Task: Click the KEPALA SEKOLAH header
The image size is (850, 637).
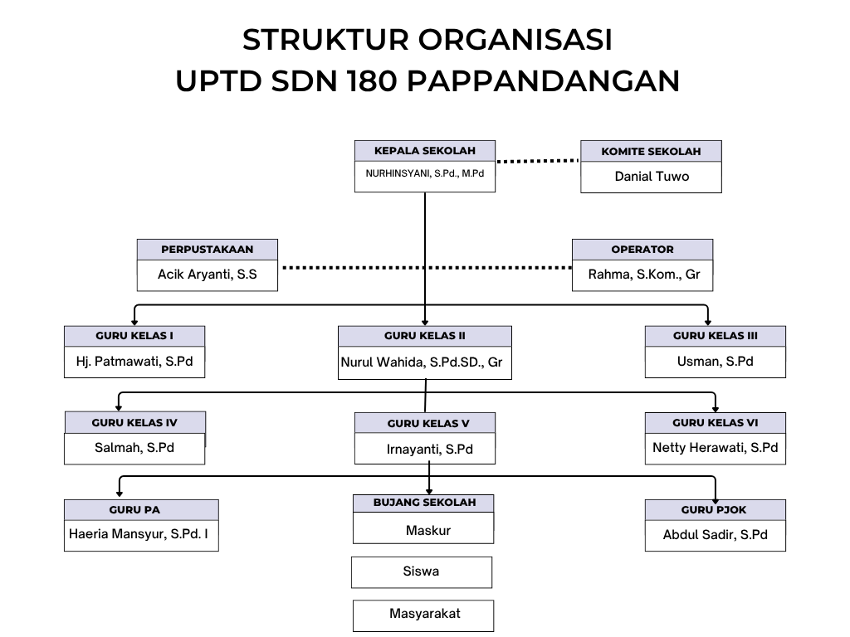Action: tap(424, 151)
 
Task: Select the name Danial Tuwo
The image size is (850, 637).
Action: tap(651, 176)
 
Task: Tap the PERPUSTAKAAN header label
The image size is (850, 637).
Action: tap(207, 249)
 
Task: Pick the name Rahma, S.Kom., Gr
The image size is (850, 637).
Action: tap(642, 274)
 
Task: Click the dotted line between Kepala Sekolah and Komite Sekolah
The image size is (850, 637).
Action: tap(538, 161)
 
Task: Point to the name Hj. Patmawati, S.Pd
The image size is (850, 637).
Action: tap(134, 361)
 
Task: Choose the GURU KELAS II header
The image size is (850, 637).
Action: tap(424, 336)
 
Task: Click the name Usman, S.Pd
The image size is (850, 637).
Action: tap(715, 361)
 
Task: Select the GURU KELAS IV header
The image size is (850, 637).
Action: tap(134, 422)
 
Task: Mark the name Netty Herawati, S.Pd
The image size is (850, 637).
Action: tap(715, 447)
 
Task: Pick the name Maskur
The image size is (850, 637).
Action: tap(428, 529)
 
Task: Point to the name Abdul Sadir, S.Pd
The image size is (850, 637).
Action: tap(715, 534)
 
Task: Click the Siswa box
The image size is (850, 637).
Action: tap(421, 571)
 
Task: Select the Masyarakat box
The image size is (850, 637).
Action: tap(424, 614)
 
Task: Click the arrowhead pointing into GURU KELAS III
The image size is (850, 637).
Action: tap(707, 320)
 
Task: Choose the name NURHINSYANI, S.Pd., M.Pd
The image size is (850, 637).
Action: tap(424, 175)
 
